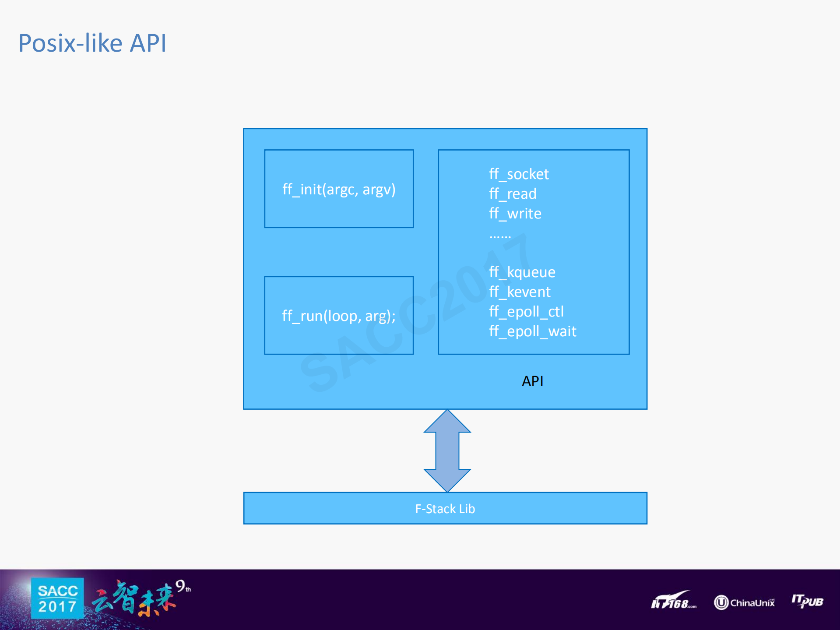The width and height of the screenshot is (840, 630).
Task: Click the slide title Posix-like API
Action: coord(92,43)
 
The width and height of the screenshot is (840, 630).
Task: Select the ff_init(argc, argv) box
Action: coord(339,189)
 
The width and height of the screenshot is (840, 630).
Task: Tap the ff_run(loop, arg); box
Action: coord(339,316)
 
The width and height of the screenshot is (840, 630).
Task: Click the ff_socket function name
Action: coord(519,174)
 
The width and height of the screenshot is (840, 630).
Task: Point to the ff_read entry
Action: coord(513,194)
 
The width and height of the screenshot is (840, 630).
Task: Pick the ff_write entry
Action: coord(515,214)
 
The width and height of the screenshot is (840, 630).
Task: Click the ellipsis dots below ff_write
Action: coord(500,236)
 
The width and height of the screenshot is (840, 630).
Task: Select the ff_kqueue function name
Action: coord(522,272)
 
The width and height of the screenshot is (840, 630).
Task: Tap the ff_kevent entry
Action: coord(520,292)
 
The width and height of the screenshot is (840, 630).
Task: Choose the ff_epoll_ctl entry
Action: coord(526,312)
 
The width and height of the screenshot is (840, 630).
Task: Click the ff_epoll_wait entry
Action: coord(533,331)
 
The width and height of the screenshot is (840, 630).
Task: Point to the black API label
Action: coord(532,381)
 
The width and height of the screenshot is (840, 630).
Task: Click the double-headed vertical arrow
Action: coord(447,451)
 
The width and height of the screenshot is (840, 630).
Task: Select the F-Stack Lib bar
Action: coord(445,509)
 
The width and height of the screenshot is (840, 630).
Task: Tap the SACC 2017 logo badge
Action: coord(57,598)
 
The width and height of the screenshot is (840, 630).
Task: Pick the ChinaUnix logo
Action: coord(744,602)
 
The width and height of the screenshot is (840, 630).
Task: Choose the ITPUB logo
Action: coord(807,601)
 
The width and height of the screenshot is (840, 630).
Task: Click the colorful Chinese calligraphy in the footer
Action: coord(134,599)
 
